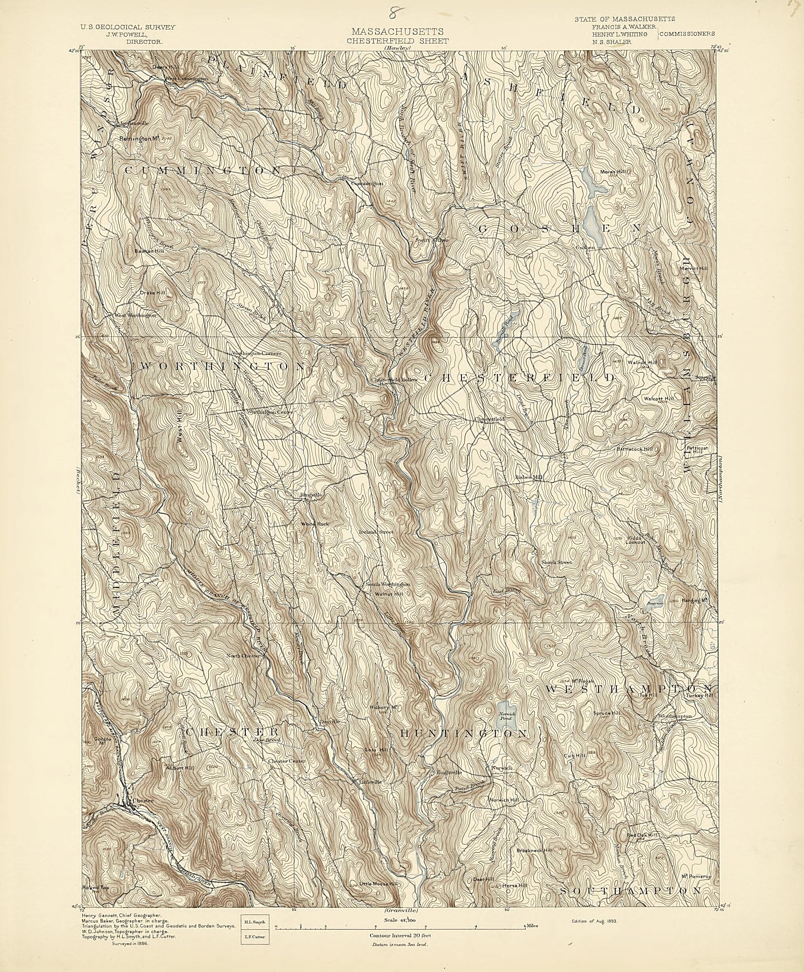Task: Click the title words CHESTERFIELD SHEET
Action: [x=397, y=41]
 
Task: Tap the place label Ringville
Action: [x=311, y=495]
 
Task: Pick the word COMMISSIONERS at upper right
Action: [x=687, y=34]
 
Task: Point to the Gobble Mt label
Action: [x=102, y=740]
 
